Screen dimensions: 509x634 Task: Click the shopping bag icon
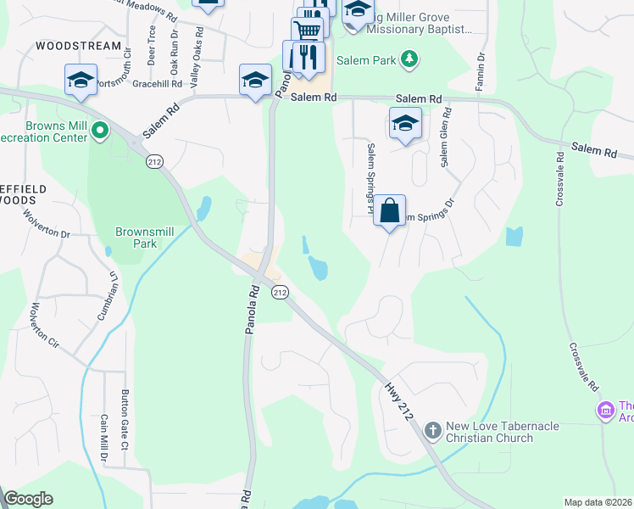coord(389,210)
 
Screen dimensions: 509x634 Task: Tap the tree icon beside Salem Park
coord(410,59)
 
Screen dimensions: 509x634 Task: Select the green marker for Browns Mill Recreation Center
coord(100,131)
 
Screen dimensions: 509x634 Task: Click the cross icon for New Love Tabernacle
coord(432,431)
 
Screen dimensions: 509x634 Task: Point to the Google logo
coord(28,499)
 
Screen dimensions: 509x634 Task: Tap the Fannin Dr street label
coord(481,69)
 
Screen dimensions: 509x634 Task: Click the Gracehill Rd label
coord(158,84)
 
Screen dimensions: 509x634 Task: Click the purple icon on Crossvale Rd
coord(605,411)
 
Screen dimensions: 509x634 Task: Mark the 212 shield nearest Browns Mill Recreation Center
coord(154,161)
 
